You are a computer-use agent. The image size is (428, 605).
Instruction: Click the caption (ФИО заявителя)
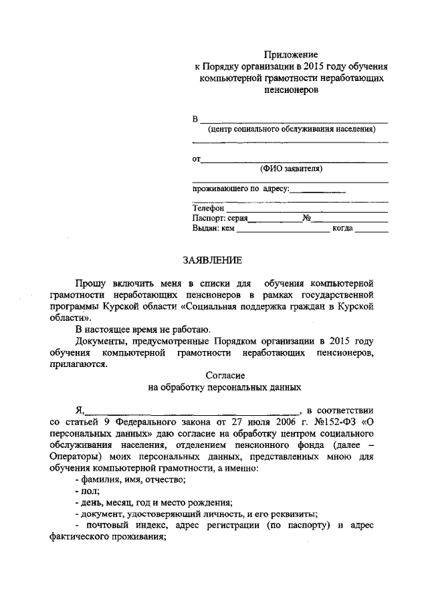tap(291, 169)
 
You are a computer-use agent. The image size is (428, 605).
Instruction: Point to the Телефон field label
tap(209, 208)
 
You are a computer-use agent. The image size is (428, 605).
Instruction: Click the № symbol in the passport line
tap(307, 218)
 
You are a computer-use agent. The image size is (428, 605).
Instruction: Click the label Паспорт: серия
tap(220, 218)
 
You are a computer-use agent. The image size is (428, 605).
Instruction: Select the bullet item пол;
tap(88, 491)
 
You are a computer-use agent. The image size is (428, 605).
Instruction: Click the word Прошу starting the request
tap(90, 281)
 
